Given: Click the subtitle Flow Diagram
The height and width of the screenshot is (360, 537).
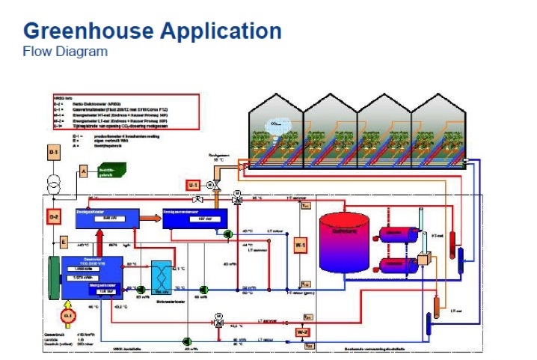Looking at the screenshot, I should point(65,52).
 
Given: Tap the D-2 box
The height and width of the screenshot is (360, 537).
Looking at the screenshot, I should point(54,217).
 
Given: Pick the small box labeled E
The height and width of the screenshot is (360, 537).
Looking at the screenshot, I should point(64,242).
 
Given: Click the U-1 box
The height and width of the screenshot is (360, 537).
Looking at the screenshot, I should point(192,184).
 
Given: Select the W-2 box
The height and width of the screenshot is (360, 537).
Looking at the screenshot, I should point(301,331).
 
